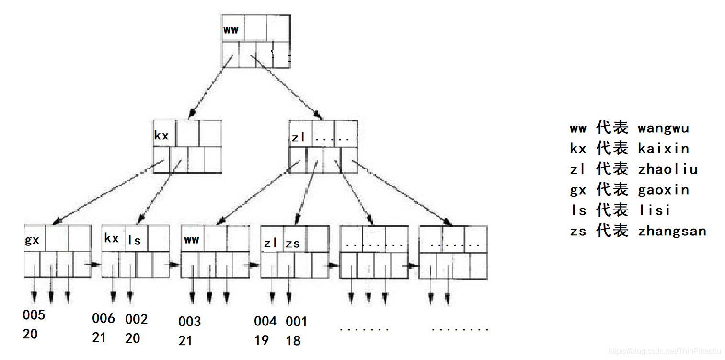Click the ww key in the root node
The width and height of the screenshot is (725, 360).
231,30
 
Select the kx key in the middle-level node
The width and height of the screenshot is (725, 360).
161,136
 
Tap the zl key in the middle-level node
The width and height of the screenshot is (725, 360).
299,138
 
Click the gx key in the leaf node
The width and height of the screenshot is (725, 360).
32,240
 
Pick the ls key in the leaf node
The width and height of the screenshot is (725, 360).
135,240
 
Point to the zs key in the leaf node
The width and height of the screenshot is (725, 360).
293,244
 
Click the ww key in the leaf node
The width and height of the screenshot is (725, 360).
191,239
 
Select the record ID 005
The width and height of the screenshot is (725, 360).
34,315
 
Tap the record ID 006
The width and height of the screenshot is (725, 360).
104,318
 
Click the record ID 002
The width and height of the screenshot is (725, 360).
136,319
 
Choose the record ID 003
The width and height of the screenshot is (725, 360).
190,322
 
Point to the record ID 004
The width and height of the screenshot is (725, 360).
265,321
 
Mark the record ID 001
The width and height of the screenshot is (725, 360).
296,321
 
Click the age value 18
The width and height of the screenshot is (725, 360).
293,341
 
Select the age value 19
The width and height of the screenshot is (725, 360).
262,340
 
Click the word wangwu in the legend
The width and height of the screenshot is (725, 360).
664,128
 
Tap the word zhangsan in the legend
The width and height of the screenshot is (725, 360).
672,231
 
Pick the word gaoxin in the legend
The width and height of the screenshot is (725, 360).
664,190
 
